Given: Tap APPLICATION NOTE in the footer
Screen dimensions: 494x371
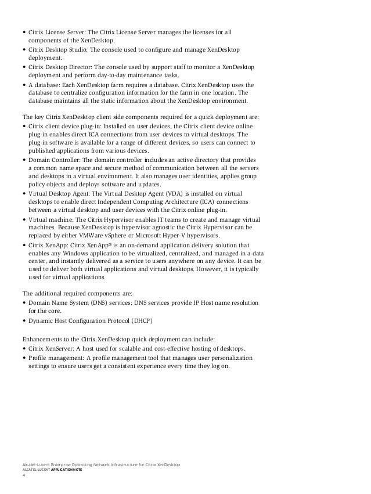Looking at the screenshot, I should [x=66, y=469].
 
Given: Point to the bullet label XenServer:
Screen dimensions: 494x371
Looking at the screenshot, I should [x=66, y=349].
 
